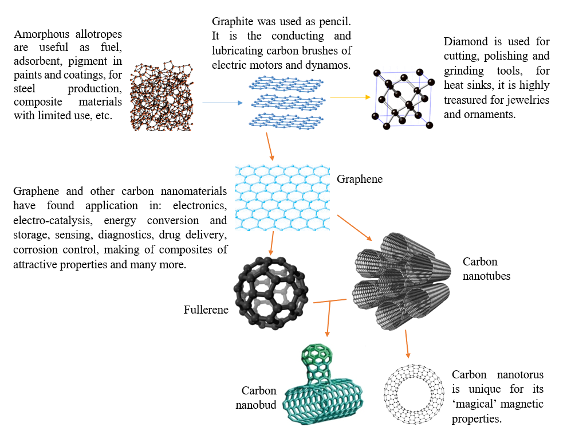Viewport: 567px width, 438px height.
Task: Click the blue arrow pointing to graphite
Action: (222, 103)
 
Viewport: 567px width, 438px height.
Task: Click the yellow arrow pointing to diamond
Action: (350, 97)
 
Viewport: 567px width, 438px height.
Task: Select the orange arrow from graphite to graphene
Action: (270, 147)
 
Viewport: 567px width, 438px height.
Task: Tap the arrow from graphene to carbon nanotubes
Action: (355, 228)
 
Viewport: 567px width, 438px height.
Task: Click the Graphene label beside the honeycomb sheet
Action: (360, 179)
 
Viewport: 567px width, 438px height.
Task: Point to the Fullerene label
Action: (206, 310)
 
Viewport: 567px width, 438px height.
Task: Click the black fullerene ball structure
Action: (271, 293)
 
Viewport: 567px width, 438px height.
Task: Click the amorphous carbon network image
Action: (162, 96)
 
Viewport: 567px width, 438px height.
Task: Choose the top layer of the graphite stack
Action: (286, 83)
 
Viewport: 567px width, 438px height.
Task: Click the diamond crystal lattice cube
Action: (403, 99)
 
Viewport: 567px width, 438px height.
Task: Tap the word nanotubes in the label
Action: (486, 276)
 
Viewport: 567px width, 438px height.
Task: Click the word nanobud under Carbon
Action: (255, 405)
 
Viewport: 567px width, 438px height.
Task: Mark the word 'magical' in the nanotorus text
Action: (475, 404)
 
